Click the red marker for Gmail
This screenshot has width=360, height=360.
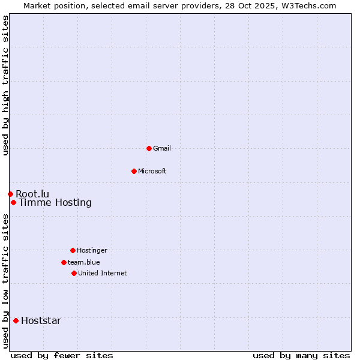click(x=149, y=148)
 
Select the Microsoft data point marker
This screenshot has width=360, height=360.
click(x=134, y=171)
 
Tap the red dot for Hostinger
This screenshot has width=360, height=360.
click(x=73, y=250)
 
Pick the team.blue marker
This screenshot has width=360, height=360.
click(x=64, y=262)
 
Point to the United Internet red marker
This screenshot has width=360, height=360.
click(x=74, y=273)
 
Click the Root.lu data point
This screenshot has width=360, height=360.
click(x=10, y=194)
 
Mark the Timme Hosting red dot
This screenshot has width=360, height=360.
click(x=13, y=202)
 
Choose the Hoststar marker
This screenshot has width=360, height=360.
click(x=16, y=320)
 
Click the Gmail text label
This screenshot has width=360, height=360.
click(x=162, y=148)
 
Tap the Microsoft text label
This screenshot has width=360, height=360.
click(x=152, y=171)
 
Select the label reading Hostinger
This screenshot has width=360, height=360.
click(x=92, y=250)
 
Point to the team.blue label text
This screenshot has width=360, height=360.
click(x=84, y=262)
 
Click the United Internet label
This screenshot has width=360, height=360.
click(x=103, y=273)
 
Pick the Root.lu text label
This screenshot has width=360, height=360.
click(x=32, y=194)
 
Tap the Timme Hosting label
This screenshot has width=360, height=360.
click(x=55, y=203)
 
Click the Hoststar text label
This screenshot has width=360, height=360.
click(x=41, y=320)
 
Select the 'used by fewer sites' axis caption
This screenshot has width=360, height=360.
click(x=62, y=355)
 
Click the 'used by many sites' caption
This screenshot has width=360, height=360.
click(x=301, y=355)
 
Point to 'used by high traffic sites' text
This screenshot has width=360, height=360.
click(x=5, y=86)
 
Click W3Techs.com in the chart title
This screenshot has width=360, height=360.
click(x=307, y=5)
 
